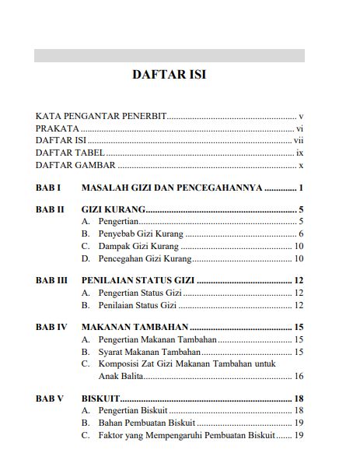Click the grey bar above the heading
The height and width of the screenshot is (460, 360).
169,55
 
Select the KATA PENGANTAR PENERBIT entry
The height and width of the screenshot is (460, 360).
101,115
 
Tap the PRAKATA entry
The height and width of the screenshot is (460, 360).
58,128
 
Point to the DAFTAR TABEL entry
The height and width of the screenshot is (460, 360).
70,153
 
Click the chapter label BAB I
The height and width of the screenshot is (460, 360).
48,188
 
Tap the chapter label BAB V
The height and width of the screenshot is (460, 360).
50,399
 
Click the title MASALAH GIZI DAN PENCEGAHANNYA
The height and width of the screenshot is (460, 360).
172,188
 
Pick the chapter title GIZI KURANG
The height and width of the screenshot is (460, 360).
114,210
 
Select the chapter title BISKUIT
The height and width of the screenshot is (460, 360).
100,399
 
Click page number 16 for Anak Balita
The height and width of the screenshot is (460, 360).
299,376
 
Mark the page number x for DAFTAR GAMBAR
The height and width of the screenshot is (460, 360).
300,165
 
